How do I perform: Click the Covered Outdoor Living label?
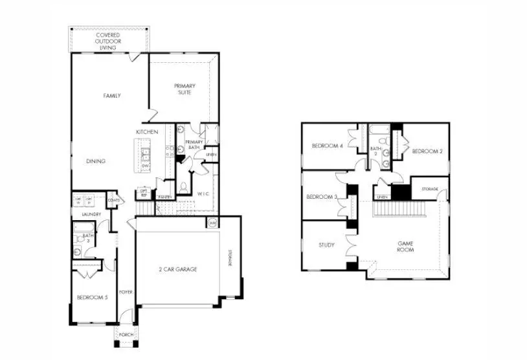(x=109, y=41)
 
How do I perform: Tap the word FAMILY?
(x=112, y=96)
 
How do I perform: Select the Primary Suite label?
(x=185, y=89)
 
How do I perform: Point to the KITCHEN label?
(x=147, y=132)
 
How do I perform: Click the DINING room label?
(x=96, y=161)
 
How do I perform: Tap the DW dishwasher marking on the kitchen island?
(x=146, y=166)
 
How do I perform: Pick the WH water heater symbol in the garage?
(x=212, y=223)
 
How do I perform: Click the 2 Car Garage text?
(x=177, y=269)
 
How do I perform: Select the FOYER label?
(x=126, y=292)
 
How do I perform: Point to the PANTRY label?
(x=164, y=197)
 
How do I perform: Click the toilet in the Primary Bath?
(x=184, y=187)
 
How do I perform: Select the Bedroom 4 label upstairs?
(x=327, y=146)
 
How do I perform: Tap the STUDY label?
(x=326, y=245)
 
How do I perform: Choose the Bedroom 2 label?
(x=427, y=151)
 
